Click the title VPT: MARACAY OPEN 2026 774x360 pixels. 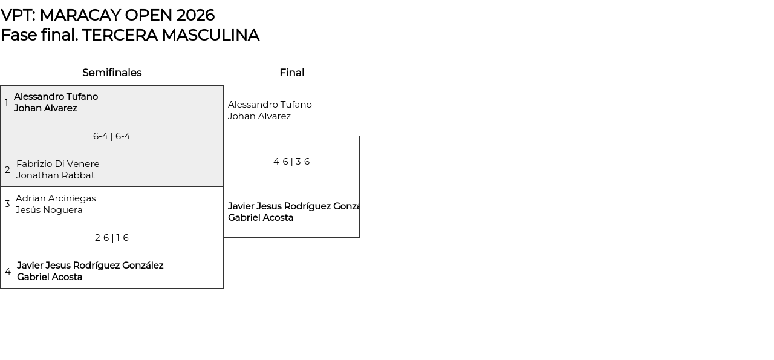[x=108, y=15]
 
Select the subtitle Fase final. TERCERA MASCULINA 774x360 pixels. [x=130, y=35]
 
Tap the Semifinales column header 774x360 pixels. [x=112, y=73]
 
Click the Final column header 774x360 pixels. [x=291, y=73]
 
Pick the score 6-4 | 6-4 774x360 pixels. [x=112, y=136]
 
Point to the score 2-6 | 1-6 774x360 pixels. [x=112, y=238]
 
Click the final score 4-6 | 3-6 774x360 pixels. [x=291, y=162]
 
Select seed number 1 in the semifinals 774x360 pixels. [x=7, y=103]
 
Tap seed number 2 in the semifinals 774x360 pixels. [x=7, y=170]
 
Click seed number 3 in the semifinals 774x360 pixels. [x=7, y=204]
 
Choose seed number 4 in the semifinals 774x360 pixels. [x=8, y=272]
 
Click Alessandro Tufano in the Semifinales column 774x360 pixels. [x=56, y=97]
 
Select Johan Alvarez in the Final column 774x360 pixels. [x=259, y=116]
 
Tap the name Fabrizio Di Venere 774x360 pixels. [x=58, y=164]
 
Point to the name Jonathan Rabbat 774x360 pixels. [x=56, y=175]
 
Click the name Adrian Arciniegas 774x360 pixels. [x=56, y=198]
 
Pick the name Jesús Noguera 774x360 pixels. [x=49, y=210]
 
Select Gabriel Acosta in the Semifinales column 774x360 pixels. [x=50, y=277]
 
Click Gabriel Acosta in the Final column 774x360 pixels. [x=261, y=218]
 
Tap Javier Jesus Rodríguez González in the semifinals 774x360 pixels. [x=90, y=266]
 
